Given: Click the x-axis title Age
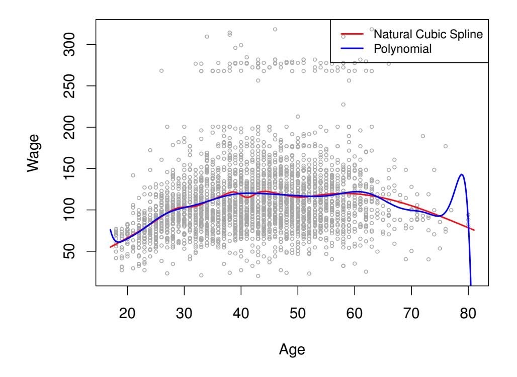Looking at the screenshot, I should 292,349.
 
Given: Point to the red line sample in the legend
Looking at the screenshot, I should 352,35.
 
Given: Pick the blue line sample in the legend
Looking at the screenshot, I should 352,49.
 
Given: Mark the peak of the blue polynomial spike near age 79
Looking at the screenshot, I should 461,174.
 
